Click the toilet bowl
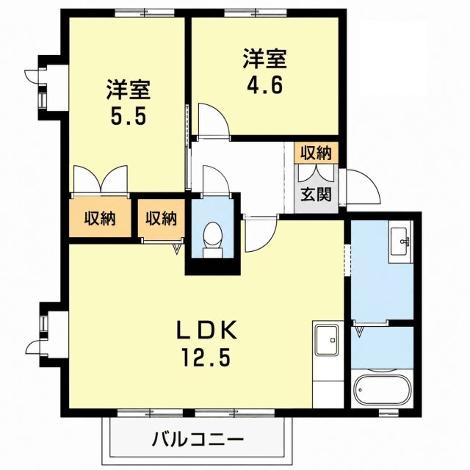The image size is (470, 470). point(212,239)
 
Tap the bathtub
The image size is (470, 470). point(382,388)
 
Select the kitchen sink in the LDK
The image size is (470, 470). point(326,340)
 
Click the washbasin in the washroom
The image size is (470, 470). point(399,242)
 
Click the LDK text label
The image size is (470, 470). point(207,330)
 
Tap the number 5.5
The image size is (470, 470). point(129,116)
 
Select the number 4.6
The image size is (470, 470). point(264,85)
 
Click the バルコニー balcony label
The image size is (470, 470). point(198,440)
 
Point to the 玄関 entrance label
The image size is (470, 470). point(317,194)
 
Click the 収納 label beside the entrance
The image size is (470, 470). point(317,153)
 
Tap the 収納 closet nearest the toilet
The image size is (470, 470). point(162,218)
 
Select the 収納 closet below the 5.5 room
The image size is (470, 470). point(100,218)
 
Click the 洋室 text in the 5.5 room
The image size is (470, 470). point(129,89)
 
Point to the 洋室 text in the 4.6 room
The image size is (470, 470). point(264,58)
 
